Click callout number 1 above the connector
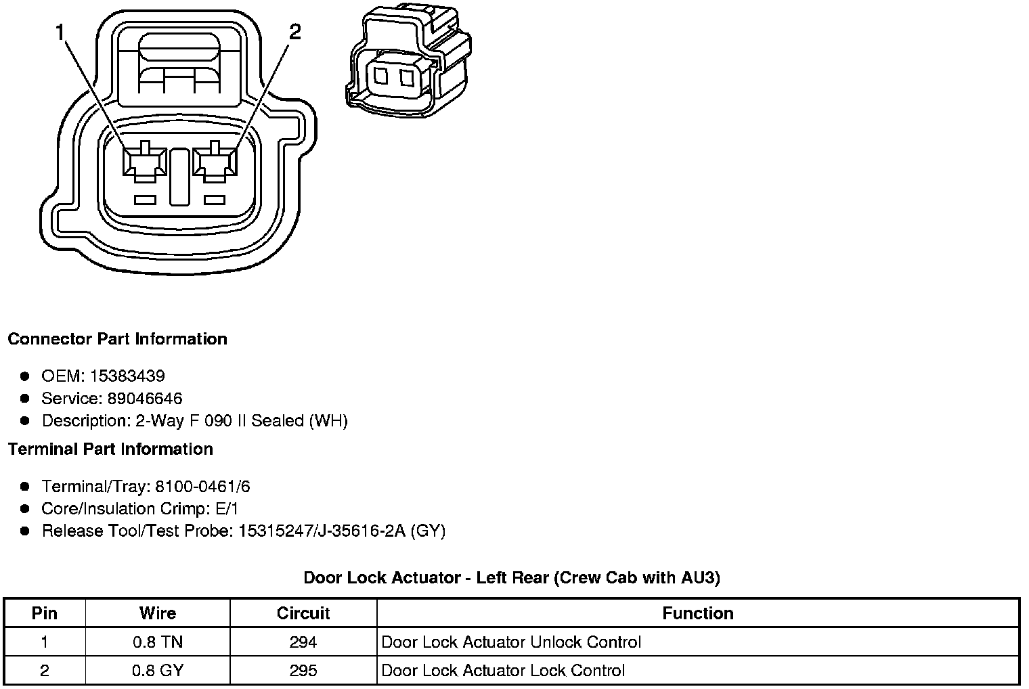61,31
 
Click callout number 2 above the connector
294,31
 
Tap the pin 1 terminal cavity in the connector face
144,163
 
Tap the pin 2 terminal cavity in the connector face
215,163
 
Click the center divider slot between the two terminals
179,177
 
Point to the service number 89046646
145,398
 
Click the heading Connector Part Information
117,338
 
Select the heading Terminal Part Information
110,449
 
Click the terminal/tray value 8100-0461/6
202,486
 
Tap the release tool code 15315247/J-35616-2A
322,531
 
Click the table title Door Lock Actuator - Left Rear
511,577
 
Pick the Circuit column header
303,613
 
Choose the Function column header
697,613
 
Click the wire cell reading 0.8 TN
158,642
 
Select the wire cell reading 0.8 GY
158,670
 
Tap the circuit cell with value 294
303,642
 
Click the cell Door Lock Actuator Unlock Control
511,642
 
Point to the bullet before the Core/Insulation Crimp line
25,508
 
